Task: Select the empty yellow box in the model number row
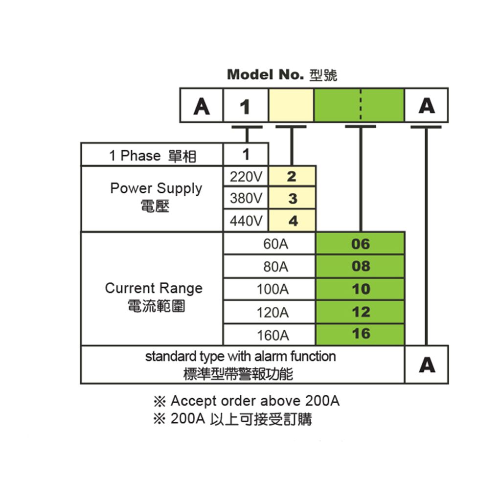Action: [291, 105]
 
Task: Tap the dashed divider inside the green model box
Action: [361, 105]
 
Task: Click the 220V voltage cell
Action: [246, 176]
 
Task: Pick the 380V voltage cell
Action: [246, 198]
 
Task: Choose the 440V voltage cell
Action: [246, 221]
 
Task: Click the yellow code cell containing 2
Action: [292, 176]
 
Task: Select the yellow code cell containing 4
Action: [292, 221]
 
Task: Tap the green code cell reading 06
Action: [360, 244]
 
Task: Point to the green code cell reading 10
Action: [360, 289]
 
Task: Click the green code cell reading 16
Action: [360, 334]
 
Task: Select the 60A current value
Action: [275, 244]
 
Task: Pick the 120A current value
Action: [273, 312]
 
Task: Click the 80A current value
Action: [275, 267]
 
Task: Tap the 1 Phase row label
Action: [153, 156]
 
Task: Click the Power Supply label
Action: [156, 197]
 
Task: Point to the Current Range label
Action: [154, 296]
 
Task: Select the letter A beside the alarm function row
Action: [427, 365]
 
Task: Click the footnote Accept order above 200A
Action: [247, 401]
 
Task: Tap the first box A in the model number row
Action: [202, 106]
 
